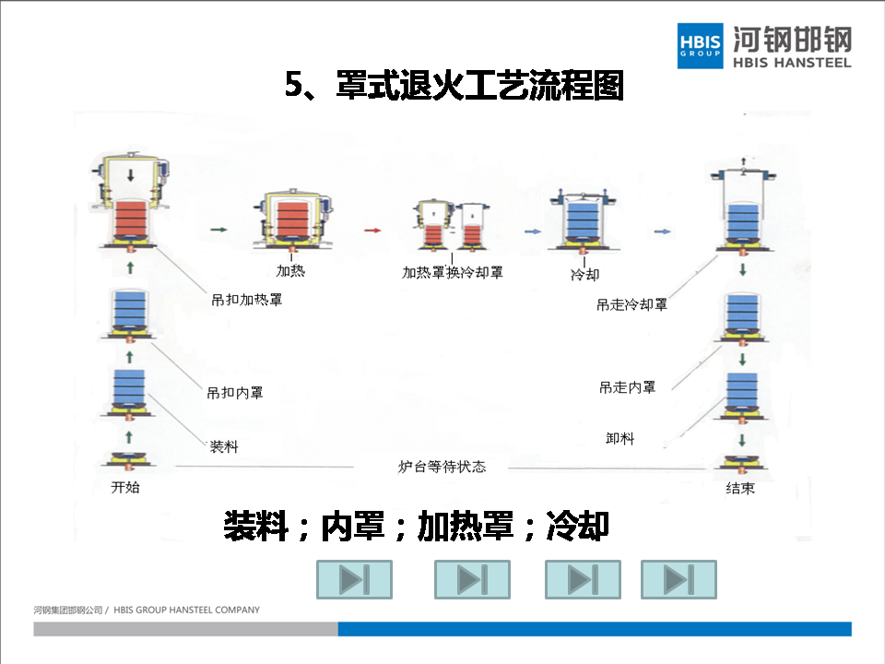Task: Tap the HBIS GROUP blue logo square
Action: click(700, 44)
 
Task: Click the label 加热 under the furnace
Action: click(291, 271)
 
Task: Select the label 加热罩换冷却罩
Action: click(453, 273)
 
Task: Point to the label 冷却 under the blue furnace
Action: click(584, 274)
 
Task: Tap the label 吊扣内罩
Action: click(235, 393)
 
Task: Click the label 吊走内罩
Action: click(628, 387)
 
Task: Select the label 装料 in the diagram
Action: click(224, 447)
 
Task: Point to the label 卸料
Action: click(620, 438)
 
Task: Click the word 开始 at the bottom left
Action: click(125, 487)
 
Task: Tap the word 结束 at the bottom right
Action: click(740, 488)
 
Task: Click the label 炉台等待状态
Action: click(442, 467)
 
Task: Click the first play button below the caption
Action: click(354, 579)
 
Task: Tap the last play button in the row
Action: click(678, 579)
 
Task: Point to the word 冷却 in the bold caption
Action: click(577, 526)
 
